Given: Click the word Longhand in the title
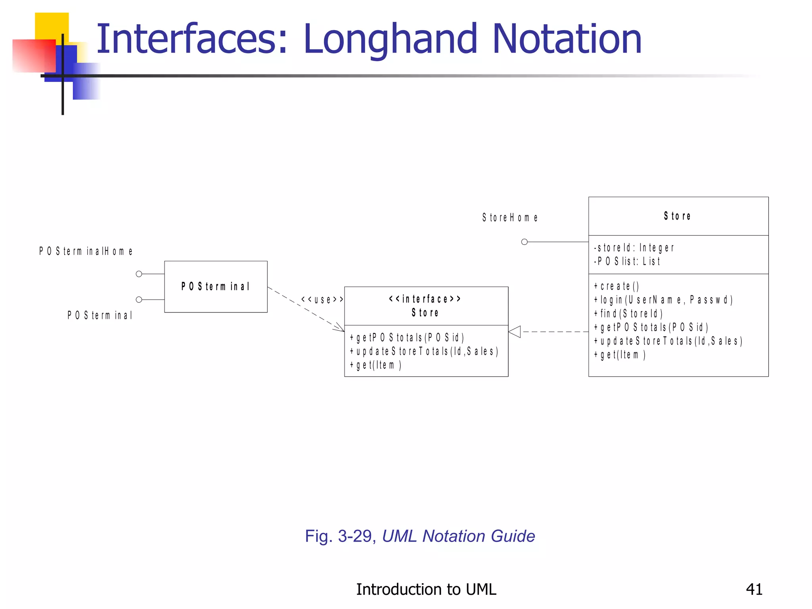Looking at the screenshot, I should click(x=391, y=40).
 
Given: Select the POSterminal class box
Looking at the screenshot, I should click(x=216, y=287).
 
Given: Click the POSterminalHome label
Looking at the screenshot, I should click(x=86, y=251).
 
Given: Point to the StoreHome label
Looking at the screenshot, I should click(x=510, y=218).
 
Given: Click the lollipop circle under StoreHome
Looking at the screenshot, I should click(x=524, y=242).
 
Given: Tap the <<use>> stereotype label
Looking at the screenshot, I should click(x=322, y=299).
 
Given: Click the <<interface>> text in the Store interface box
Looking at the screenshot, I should click(x=425, y=299).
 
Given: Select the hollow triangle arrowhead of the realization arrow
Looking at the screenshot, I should click(x=515, y=331).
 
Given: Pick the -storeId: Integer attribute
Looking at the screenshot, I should click(x=634, y=248).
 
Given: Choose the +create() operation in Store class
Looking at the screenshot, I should click(x=617, y=286).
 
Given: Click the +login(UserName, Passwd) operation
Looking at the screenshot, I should click(x=663, y=300).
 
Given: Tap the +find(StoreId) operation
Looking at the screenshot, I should click(x=628, y=314).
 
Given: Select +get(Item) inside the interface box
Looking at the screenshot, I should click(x=375, y=365).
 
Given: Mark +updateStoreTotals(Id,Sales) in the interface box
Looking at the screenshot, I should click(x=423, y=351).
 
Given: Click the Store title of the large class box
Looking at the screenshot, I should click(x=677, y=216).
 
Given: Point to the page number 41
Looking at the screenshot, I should click(x=754, y=589).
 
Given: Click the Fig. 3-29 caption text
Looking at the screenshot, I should click(x=419, y=536).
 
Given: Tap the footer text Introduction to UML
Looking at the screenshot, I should click(x=426, y=589).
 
